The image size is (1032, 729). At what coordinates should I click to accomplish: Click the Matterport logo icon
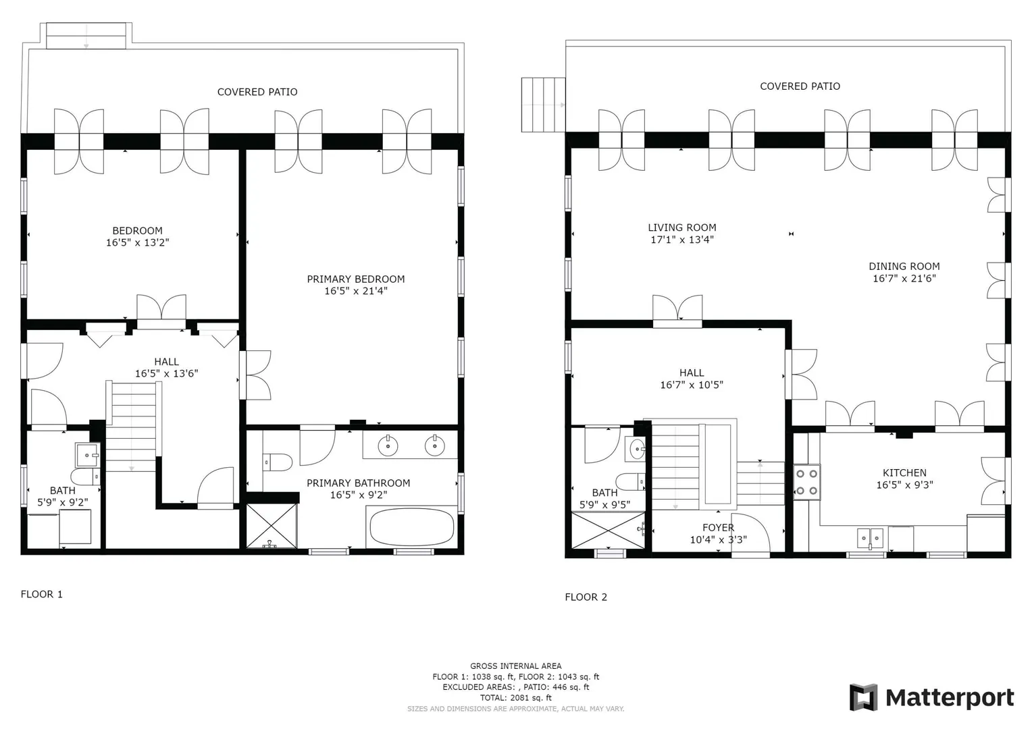coord(864,697)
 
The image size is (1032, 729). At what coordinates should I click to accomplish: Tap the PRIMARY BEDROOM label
coord(356,279)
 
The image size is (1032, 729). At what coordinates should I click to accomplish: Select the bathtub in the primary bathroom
coord(412,527)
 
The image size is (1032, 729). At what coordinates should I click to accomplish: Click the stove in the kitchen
coord(806,482)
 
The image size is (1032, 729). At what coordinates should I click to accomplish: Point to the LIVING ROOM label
coord(682,227)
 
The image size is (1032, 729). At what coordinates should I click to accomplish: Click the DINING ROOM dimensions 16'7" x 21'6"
coord(904,278)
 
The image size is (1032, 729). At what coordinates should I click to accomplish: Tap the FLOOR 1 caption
coord(41,594)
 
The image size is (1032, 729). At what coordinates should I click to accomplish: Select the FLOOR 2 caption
coord(586,597)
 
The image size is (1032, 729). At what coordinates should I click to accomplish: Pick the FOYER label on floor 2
coord(718,528)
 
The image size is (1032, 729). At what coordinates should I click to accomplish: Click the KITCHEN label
coord(904,473)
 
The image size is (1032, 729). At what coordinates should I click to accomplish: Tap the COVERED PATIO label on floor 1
coord(257,92)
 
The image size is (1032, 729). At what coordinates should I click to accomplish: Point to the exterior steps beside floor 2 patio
coord(543,105)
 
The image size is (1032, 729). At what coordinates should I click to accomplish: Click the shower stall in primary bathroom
coord(272,526)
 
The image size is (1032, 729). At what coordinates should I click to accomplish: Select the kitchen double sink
coord(870,538)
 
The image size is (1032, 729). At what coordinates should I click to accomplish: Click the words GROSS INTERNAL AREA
coord(515,666)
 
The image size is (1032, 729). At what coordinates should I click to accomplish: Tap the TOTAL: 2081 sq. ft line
coord(515,698)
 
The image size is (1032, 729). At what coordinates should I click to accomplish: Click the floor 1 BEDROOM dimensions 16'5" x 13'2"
coord(137,243)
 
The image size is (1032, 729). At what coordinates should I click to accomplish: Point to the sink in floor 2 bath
coord(636,448)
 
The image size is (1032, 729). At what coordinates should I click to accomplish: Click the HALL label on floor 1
coord(166,362)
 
